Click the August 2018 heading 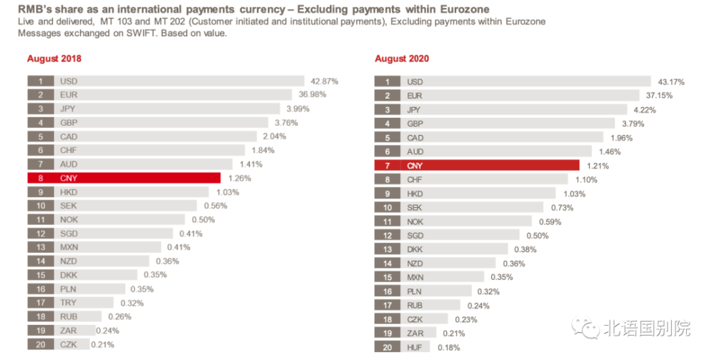(x=54, y=59)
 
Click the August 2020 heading (x=402, y=59)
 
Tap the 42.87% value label (x=324, y=81)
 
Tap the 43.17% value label (x=670, y=82)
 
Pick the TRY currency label (x=69, y=302)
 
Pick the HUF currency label (x=415, y=347)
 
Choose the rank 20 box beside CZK (x=41, y=344)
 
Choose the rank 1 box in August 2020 (x=388, y=82)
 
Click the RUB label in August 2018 (x=69, y=316)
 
